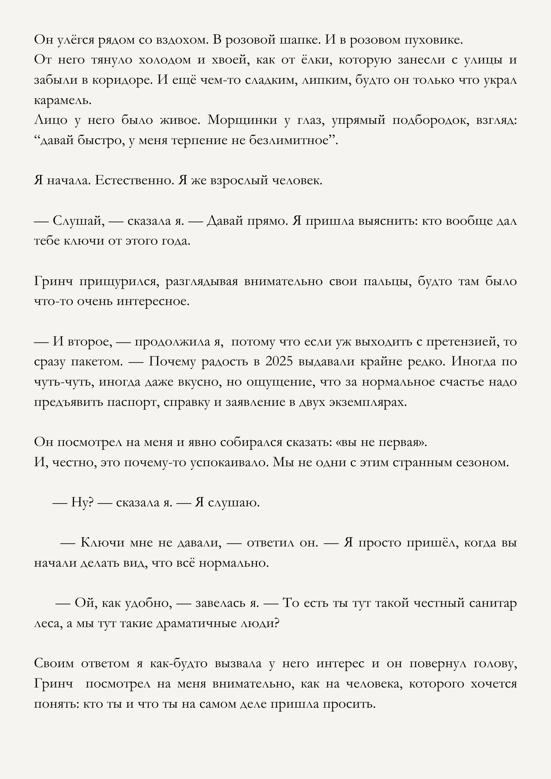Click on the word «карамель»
pos(63,100)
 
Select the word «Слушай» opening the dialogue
pos(79,221)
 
